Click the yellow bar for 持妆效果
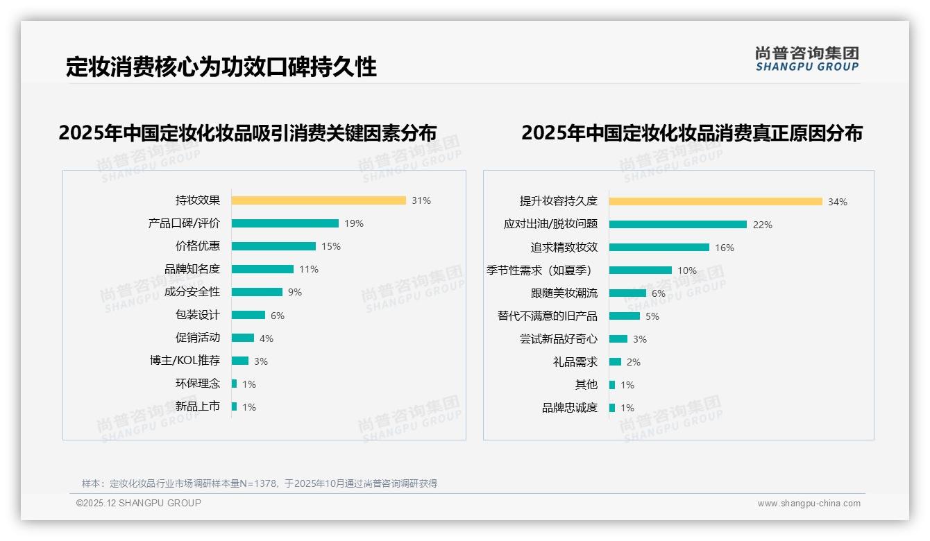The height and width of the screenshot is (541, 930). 319,200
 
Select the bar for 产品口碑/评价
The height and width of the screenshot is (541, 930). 285,223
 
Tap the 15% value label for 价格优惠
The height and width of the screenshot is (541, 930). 331,246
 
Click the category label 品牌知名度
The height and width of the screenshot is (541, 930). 192,269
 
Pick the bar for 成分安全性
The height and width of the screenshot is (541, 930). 257,292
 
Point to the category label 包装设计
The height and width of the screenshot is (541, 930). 198,315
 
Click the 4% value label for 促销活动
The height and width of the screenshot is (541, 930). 267,338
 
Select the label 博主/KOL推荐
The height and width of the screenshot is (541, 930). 185,361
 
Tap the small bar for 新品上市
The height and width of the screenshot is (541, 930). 235,406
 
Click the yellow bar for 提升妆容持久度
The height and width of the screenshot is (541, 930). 716,201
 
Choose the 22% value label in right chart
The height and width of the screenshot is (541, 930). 763,225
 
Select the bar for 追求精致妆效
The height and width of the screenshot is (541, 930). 659,247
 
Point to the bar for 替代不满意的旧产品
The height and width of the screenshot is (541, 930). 625,316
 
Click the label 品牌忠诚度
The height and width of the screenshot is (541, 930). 570,408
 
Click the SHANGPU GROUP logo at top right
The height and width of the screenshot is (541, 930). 807,59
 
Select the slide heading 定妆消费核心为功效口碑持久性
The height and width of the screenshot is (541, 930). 221,67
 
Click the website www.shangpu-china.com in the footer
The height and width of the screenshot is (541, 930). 809,504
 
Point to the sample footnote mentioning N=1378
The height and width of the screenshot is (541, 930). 260,483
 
